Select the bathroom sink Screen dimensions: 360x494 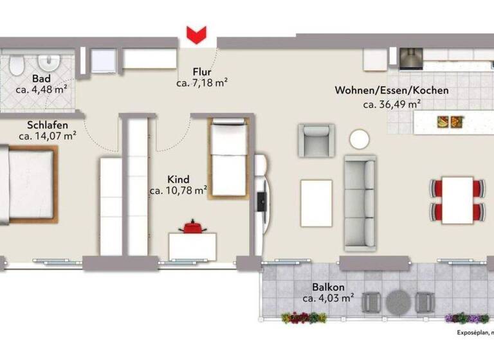48,62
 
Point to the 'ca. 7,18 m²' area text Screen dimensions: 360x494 202,83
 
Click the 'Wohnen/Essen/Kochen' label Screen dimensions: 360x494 391,91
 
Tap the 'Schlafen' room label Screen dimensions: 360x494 47,124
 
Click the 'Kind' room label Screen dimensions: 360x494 178,179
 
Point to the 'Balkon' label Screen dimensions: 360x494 328,287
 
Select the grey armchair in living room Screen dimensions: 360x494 316,139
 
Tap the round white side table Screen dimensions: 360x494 359,139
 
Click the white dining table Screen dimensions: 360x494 457,199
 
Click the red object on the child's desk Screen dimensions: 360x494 191,227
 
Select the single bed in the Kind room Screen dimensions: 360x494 228,157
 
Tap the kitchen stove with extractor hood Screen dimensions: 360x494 410,59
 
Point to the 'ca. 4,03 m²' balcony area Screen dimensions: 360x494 328,298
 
